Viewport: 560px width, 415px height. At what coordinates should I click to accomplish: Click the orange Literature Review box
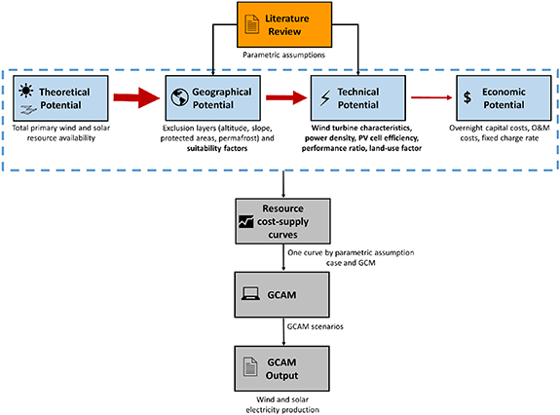point(284,24)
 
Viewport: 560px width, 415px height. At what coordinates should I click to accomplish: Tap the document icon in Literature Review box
point(252,24)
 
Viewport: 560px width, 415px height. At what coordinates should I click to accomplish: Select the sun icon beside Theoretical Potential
point(26,91)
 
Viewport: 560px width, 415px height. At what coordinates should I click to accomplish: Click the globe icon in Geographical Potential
point(179,97)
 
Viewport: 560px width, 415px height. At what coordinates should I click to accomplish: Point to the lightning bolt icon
point(325,97)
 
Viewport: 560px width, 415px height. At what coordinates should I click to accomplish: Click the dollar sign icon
point(467,97)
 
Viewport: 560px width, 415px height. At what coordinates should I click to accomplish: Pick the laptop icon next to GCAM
point(250,293)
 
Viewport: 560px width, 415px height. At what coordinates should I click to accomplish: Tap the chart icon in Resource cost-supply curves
point(246,221)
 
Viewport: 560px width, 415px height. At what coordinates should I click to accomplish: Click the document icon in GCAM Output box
point(250,366)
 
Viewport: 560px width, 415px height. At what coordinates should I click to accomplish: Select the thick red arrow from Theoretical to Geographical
point(136,97)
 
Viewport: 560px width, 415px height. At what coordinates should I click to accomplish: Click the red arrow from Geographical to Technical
point(286,97)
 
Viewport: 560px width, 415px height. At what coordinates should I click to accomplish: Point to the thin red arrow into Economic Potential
point(431,97)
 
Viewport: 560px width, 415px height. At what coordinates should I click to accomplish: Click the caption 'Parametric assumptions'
point(284,55)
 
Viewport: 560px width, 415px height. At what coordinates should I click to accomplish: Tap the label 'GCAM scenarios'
point(315,326)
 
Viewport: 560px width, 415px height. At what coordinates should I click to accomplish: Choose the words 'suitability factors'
point(217,148)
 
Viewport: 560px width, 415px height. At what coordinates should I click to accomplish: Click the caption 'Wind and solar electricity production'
point(282,404)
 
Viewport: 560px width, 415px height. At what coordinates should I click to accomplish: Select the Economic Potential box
point(504,98)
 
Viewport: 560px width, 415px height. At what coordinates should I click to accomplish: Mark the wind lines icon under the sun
point(28,110)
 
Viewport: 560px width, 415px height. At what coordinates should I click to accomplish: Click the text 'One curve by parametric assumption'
point(351,252)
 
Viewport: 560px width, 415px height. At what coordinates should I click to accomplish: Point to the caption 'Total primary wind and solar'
point(61,128)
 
